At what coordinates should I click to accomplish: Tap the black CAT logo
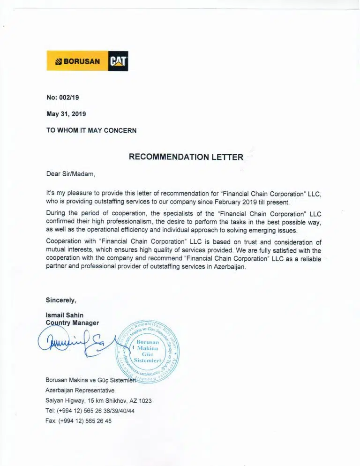pyautogui.click(x=118, y=61)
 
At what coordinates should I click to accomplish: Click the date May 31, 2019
pyautogui.click(x=66, y=113)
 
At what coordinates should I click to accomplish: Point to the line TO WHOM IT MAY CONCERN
pyautogui.click(x=91, y=130)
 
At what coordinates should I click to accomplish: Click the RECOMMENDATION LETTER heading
pyautogui.click(x=186, y=157)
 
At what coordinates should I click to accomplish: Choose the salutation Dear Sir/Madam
pyautogui.click(x=70, y=173)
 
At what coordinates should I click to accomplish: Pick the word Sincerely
pyautogui.click(x=60, y=300)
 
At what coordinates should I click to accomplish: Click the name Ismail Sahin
pyautogui.click(x=64, y=315)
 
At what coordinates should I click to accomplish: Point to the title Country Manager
pyautogui.click(x=72, y=323)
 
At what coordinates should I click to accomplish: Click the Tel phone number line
pyautogui.click(x=90, y=411)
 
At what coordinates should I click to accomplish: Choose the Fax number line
pyautogui.click(x=78, y=421)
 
